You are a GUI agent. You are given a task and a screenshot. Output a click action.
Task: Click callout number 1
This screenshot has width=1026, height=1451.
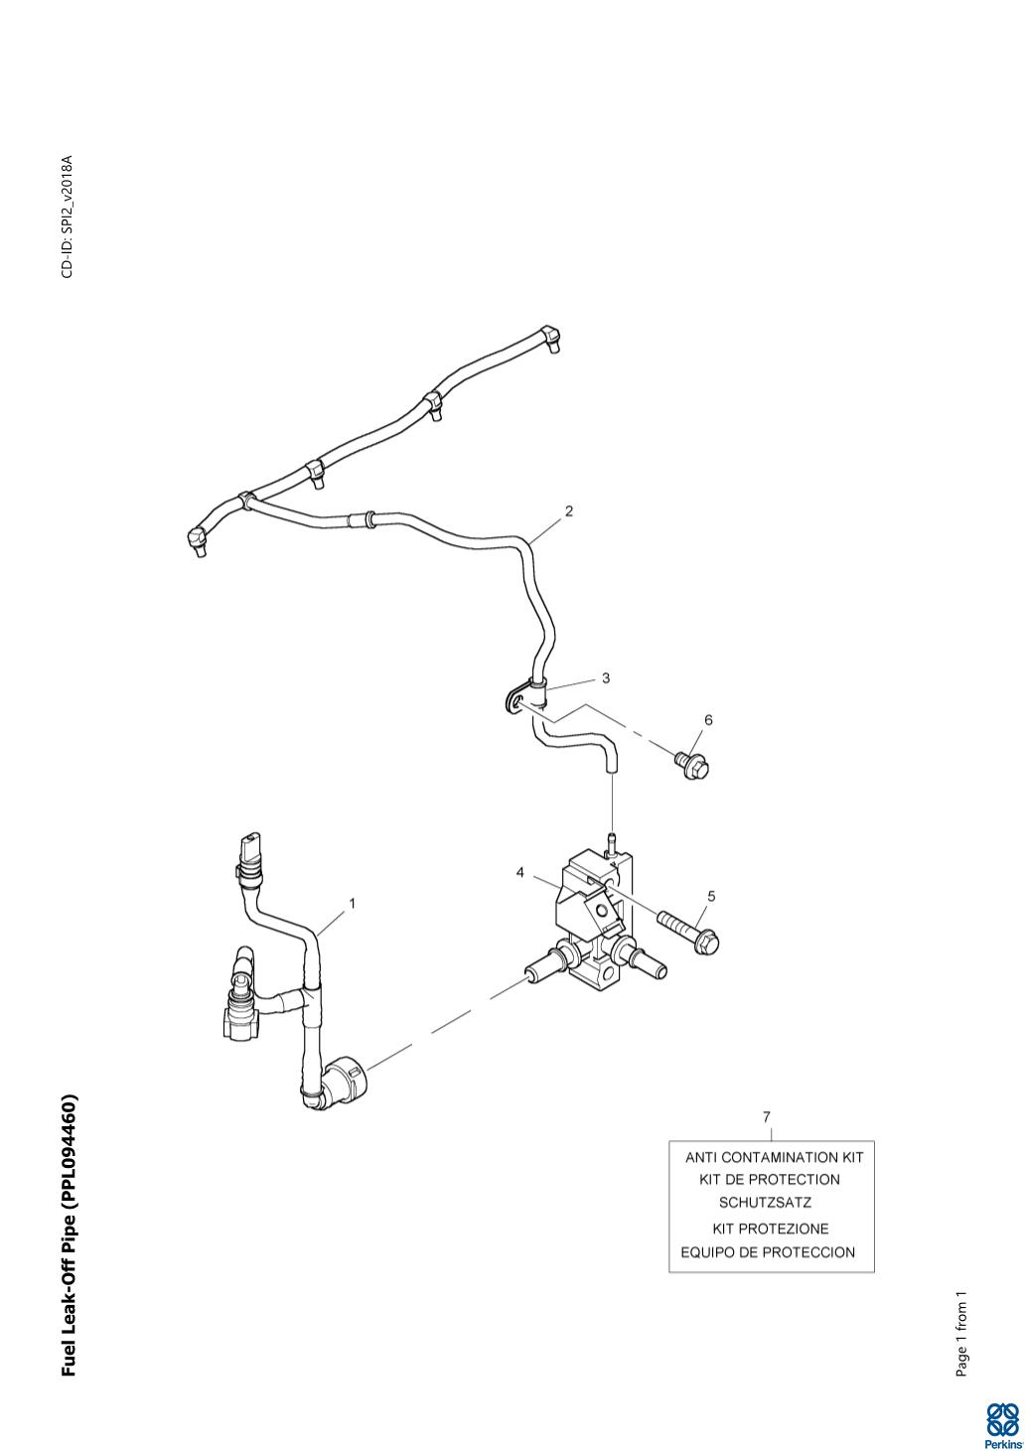coord(352,903)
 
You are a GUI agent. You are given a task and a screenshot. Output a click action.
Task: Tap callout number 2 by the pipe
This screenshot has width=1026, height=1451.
coord(568,511)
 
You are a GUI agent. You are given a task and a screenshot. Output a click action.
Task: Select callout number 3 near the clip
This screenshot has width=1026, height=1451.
coord(605,678)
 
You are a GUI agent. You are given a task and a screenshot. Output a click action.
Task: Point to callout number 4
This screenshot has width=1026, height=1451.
coord(519,872)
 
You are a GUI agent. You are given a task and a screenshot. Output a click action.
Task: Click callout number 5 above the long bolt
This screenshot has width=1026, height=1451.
coord(710,895)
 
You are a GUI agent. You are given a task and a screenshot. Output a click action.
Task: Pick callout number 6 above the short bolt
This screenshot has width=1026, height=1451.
coord(708,719)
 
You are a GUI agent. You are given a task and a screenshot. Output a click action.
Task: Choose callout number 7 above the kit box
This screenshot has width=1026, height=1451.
coord(766,1116)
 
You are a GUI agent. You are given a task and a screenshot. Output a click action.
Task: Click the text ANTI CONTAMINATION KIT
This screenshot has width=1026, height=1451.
coord(774,1157)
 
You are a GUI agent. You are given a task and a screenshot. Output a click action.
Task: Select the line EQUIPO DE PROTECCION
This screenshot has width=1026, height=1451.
coord(767,1251)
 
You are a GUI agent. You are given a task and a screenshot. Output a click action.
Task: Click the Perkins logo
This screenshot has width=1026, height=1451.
coord(1002,1425)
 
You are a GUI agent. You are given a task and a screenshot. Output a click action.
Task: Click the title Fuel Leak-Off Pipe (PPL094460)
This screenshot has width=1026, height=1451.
coord(69,1235)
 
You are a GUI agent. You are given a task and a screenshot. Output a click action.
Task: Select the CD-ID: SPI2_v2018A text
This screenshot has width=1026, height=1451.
coord(67,217)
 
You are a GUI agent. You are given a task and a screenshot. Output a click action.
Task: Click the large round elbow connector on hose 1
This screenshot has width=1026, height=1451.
coord(345,1079)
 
